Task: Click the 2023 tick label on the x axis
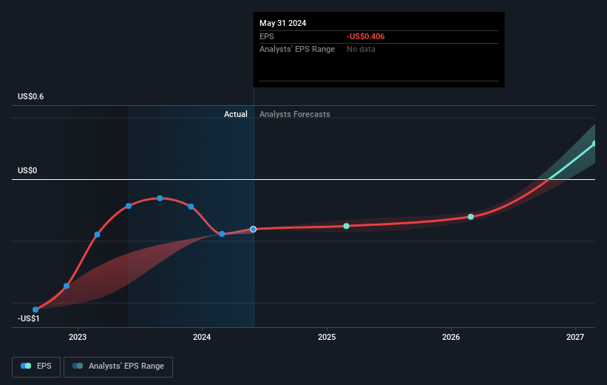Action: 78,338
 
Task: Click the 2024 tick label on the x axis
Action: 202,338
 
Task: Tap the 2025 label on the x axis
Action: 326,338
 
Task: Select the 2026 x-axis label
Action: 450,338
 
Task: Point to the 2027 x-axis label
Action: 574,338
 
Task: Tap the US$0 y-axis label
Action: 28,171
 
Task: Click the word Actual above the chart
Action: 236,114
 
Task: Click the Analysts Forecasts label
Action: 294,114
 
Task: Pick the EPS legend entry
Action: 38,366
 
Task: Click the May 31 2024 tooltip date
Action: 282,23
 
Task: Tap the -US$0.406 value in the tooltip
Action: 365,36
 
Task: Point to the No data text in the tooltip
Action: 362,49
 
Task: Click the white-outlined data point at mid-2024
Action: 254,230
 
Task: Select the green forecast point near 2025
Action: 346,226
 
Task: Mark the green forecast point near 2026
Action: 471,217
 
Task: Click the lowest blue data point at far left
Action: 35,309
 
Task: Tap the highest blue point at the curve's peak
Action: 160,198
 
